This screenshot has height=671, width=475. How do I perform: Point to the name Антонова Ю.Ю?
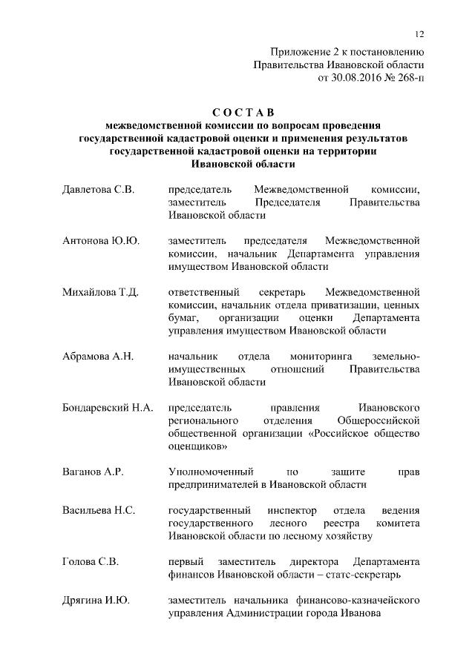point(101,241)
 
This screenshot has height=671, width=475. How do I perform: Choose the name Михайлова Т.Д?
point(101,292)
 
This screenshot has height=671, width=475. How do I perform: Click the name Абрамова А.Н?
point(98,357)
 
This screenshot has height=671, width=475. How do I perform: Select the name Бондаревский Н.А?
point(108,408)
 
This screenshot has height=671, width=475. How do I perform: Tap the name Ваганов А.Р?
point(93,472)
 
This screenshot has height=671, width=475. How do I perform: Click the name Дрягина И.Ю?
point(96,600)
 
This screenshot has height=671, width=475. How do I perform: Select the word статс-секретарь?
point(356,575)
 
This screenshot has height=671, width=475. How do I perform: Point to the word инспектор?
point(289,510)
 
